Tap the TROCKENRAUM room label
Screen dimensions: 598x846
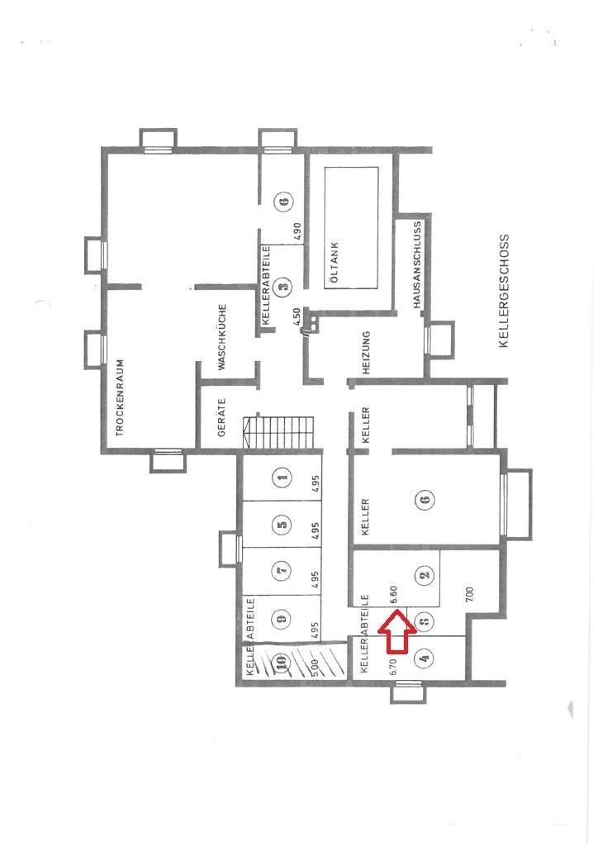click(x=120, y=397)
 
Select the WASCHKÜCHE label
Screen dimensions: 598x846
click(x=221, y=337)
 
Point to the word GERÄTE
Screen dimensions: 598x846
click(x=221, y=417)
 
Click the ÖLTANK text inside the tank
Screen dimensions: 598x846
click(x=335, y=264)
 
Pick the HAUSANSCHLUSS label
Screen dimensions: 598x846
click(x=416, y=265)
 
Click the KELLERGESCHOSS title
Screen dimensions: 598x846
click(x=504, y=291)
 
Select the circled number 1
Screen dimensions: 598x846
click(x=282, y=477)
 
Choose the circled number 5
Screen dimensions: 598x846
click(x=282, y=523)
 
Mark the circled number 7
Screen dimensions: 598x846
click(x=282, y=570)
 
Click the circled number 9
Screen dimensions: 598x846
click(x=282, y=617)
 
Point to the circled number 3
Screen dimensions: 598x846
click(x=284, y=284)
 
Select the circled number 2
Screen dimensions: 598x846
click(x=425, y=574)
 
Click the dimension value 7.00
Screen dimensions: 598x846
click(x=468, y=595)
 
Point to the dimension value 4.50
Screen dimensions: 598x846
click(x=296, y=316)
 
